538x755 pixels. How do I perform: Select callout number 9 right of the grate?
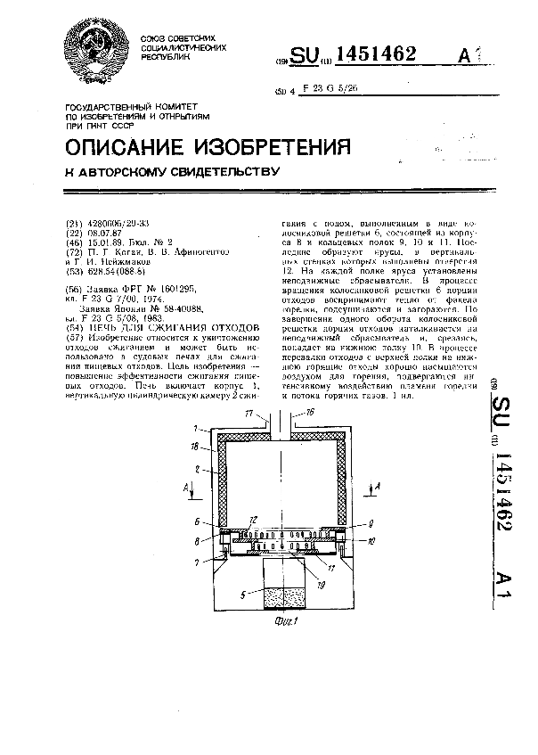(x=371, y=523)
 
